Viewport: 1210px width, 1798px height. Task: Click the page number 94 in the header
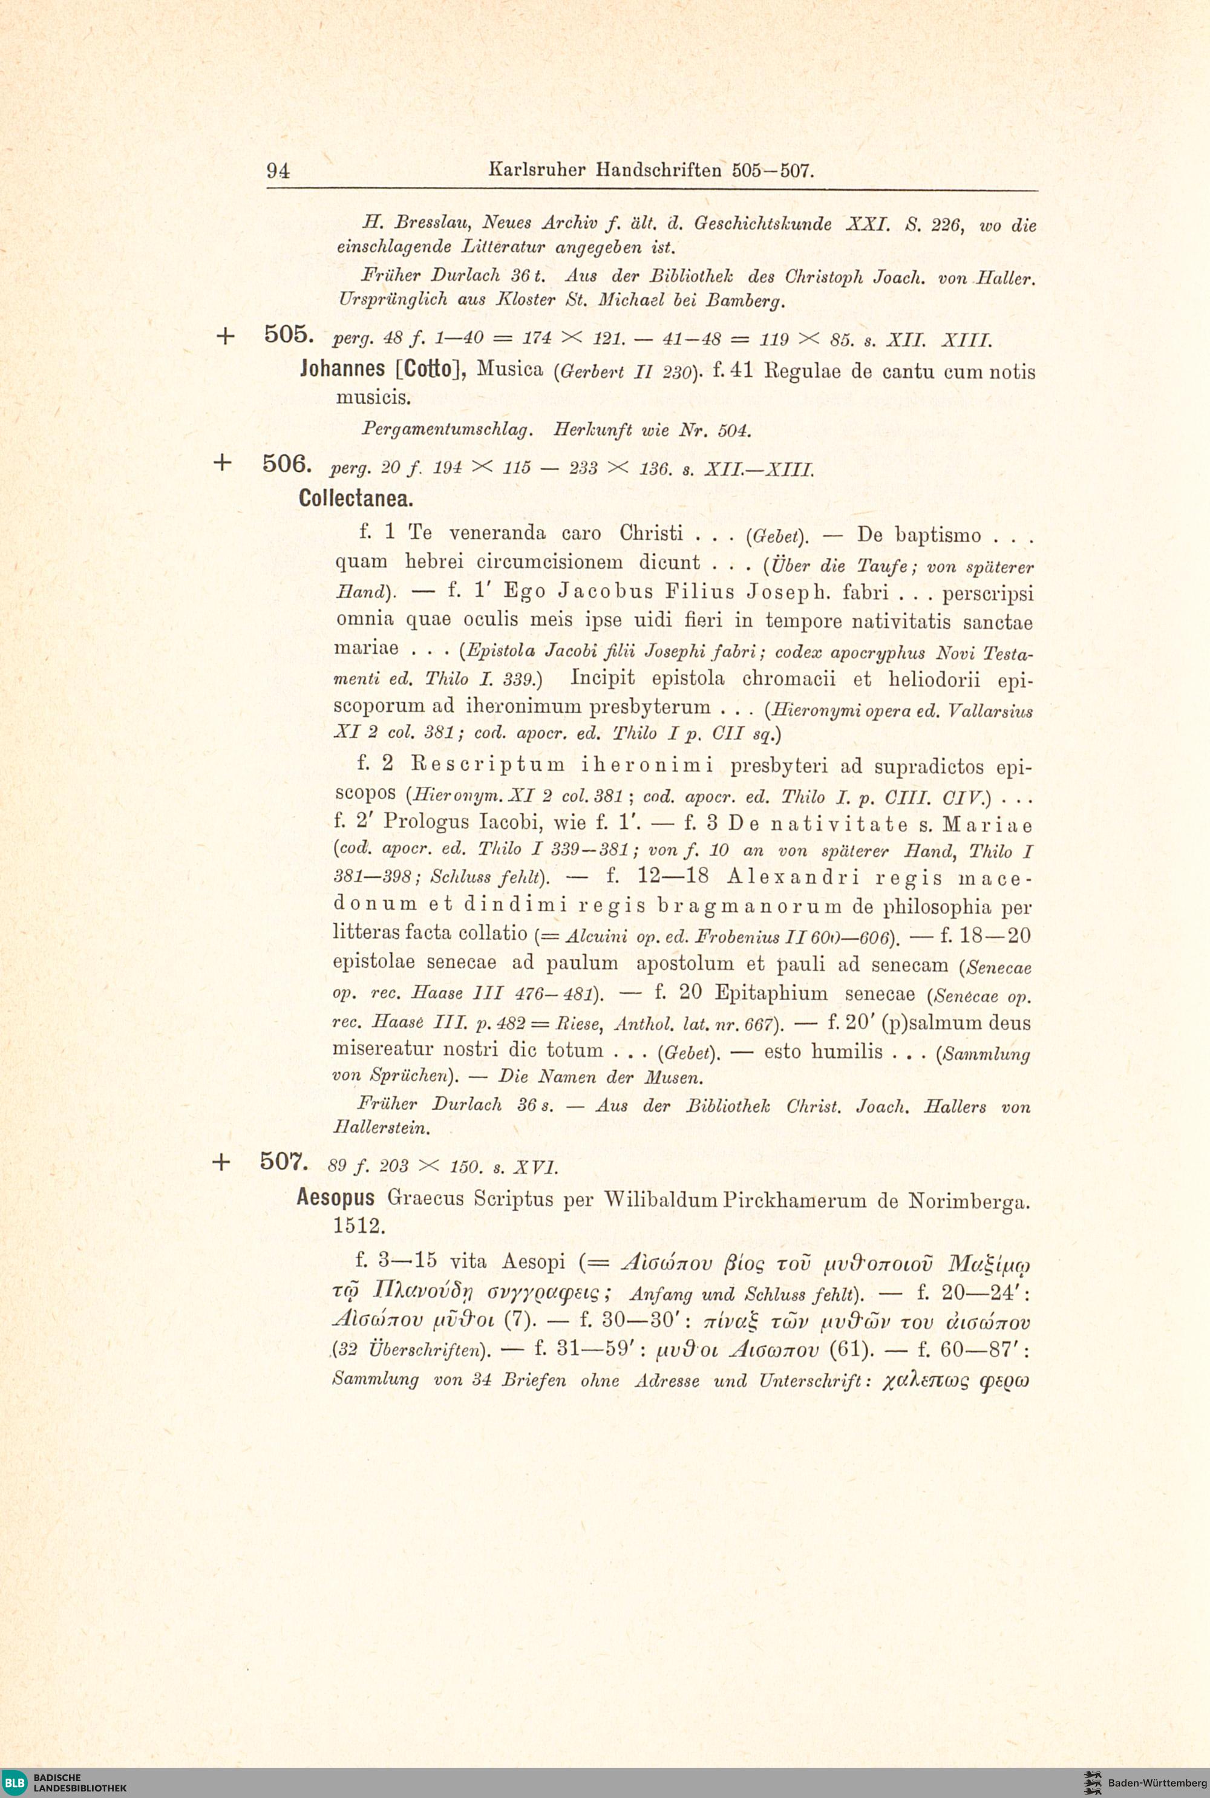click(278, 171)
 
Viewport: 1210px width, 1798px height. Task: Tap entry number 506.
click(286, 464)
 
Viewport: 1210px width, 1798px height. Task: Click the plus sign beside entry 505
click(224, 336)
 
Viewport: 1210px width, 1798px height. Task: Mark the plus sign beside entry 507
click(221, 1162)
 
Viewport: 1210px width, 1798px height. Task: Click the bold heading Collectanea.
click(355, 499)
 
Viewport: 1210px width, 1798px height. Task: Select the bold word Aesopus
click(336, 1198)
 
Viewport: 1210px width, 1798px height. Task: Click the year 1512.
click(358, 1226)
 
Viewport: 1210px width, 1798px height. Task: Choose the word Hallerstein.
click(381, 1128)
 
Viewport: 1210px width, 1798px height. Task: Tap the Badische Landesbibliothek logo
click(65, 1782)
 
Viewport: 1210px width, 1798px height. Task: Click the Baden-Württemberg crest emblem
click(1092, 1782)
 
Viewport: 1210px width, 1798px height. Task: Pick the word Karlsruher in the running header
click(538, 170)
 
